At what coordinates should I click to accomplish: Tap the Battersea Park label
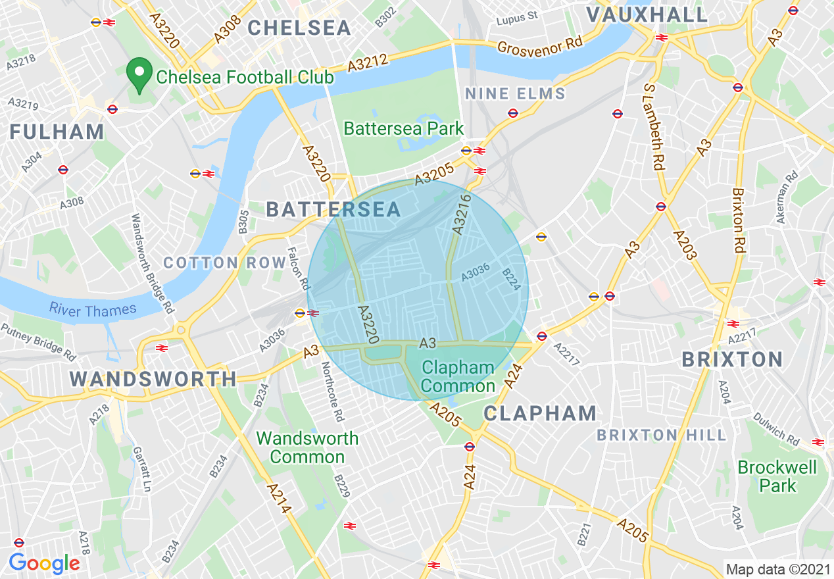[x=404, y=128]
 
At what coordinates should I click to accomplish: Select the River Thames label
[x=93, y=310]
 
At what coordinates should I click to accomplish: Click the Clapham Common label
[x=458, y=376]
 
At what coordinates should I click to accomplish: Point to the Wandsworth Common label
[x=307, y=447]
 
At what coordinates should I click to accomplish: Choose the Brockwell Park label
[x=777, y=477]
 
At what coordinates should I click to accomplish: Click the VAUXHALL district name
[x=647, y=14]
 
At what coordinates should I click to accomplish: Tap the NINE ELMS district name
[x=515, y=94]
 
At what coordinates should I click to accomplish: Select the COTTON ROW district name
[x=225, y=263]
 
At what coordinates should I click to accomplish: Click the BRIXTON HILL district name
[x=661, y=435]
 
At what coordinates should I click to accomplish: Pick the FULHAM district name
[x=57, y=132]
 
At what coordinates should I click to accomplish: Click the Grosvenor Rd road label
[x=540, y=45]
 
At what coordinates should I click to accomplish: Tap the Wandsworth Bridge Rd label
[x=151, y=263]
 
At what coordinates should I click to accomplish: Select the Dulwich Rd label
[x=776, y=429]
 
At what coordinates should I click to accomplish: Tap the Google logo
[x=44, y=563]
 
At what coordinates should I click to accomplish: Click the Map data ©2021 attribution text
[x=777, y=568]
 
